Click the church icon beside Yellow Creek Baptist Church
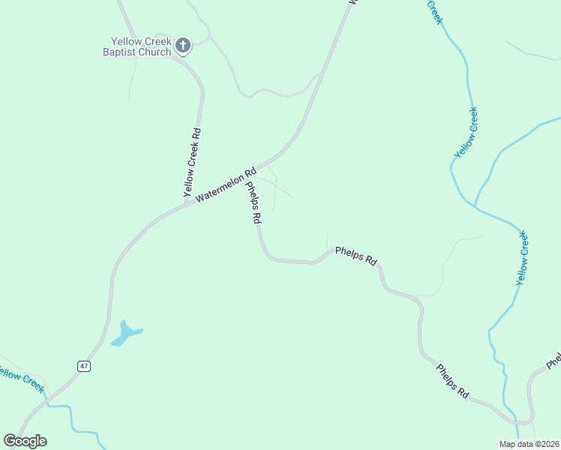click(x=182, y=46)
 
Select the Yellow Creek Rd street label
click(x=192, y=163)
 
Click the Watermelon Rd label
click(x=226, y=184)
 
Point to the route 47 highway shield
click(x=83, y=366)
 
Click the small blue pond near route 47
click(x=125, y=334)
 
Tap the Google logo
click(x=25, y=441)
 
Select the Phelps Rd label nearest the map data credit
click(x=453, y=380)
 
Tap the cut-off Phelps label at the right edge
click(x=553, y=361)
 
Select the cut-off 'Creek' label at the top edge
click(x=434, y=11)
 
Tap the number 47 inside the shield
click(x=83, y=366)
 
